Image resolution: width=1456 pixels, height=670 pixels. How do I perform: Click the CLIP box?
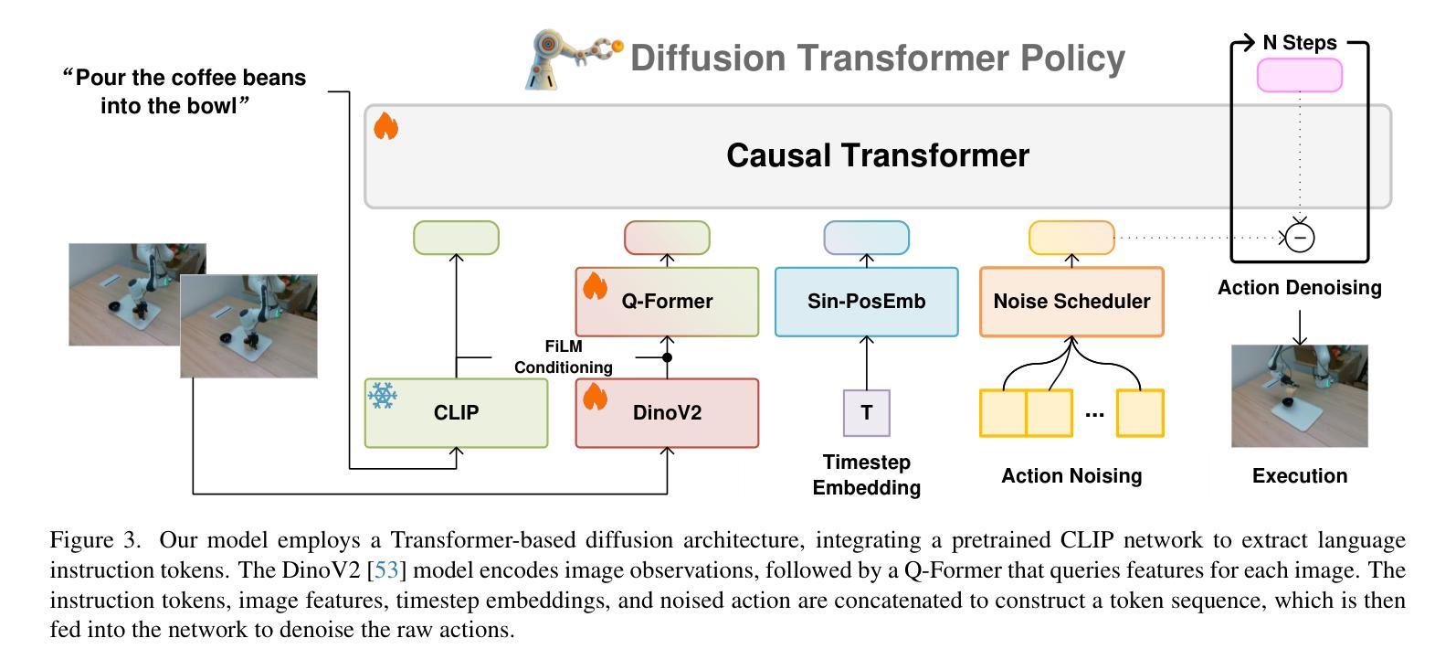456,412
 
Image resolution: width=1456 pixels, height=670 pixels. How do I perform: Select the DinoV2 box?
667,412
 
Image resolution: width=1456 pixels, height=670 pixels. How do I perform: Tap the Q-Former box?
667,301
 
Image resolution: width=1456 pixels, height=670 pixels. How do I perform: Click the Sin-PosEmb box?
867,301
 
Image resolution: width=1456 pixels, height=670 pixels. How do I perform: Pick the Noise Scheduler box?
1071,301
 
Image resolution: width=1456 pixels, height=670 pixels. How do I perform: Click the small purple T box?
867,412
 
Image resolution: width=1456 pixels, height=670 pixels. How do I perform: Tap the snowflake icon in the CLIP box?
382,395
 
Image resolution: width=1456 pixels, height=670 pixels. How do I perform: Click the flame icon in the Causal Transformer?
385,125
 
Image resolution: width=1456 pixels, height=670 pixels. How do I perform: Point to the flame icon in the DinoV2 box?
594,396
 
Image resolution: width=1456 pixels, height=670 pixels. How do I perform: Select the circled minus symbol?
1300,238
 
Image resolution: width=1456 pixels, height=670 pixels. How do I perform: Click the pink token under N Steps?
1300,75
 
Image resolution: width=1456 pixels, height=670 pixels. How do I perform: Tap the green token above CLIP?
457,238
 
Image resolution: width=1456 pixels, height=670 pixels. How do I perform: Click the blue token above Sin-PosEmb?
867,238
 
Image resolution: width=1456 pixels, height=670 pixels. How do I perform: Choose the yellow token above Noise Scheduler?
1071,238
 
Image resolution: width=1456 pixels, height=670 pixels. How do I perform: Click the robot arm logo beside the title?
572,58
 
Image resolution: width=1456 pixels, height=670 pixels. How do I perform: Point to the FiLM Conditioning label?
563,356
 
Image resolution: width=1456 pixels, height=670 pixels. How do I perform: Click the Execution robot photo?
1300,396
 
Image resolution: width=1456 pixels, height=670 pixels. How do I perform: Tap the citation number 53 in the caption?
386,569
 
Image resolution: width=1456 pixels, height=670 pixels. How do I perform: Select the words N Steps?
1300,42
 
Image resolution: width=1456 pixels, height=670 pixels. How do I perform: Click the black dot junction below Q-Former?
667,357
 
